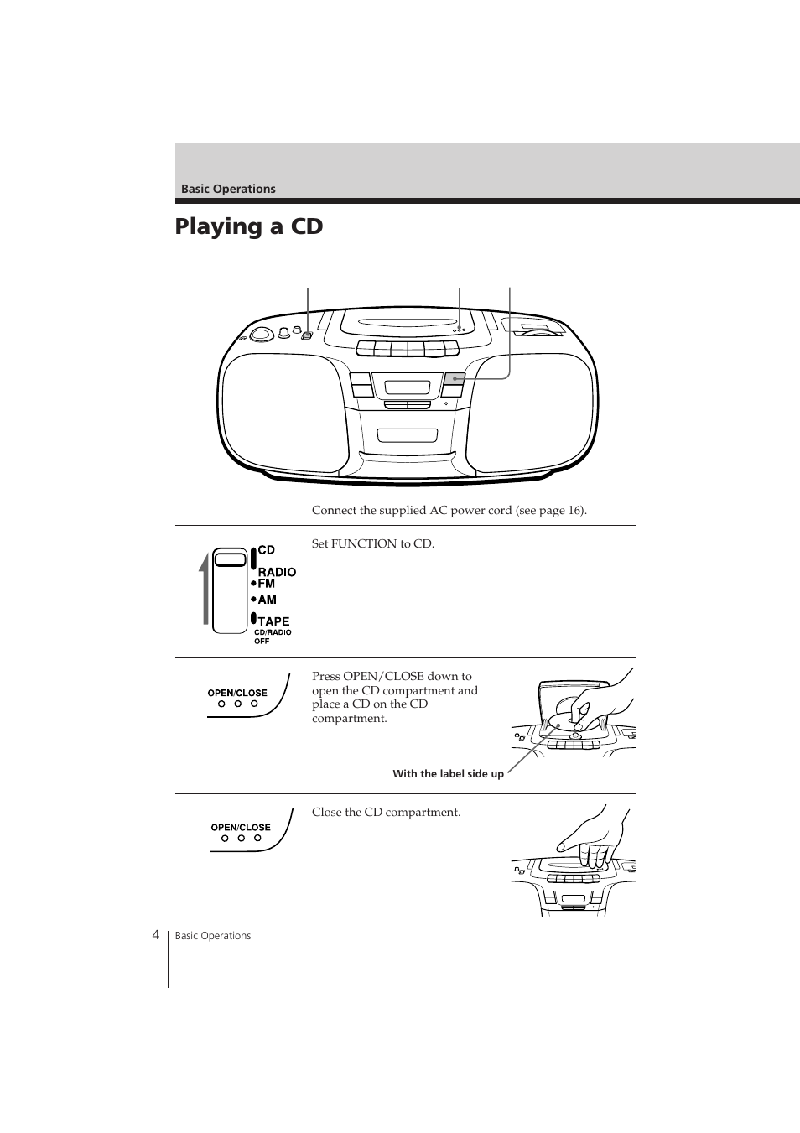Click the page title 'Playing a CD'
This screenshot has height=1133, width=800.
[x=249, y=226]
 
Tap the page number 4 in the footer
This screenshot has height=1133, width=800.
[x=156, y=935]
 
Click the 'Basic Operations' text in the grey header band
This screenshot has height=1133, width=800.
[x=228, y=189]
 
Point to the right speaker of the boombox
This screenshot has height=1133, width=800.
[x=531, y=413]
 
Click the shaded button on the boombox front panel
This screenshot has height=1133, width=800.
[x=453, y=378]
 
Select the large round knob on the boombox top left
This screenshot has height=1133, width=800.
[x=260, y=334]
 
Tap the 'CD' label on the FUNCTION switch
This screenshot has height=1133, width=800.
[x=267, y=550]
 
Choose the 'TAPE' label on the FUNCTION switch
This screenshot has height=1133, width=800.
[x=273, y=621]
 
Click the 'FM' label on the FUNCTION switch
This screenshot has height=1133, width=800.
[x=267, y=584]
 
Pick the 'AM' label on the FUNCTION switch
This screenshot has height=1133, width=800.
[x=267, y=600]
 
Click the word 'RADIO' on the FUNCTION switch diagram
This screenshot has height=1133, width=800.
[x=277, y=572]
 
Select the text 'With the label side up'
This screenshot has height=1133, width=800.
[x=448, y=773]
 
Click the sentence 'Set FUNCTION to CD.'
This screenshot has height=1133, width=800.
[x=373, y=543]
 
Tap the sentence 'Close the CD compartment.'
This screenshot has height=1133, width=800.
[x=387, y=812]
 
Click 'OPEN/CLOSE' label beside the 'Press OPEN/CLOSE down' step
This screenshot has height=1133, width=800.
[x=237, y=693]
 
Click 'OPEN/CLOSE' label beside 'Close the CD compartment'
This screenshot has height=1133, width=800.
[x=241, y=828]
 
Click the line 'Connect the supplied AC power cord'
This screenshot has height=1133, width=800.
[x=449, y=511]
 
